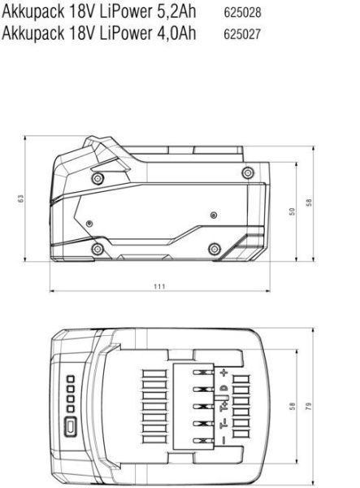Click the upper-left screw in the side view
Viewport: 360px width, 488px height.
(x=98, y=176)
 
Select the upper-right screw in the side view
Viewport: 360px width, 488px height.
(x=247, y=172)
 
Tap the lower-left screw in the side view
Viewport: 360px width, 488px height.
(x=98, y=247)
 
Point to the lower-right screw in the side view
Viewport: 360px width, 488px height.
(x=215, y=248)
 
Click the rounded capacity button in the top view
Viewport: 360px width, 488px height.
(x=72, y=425)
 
